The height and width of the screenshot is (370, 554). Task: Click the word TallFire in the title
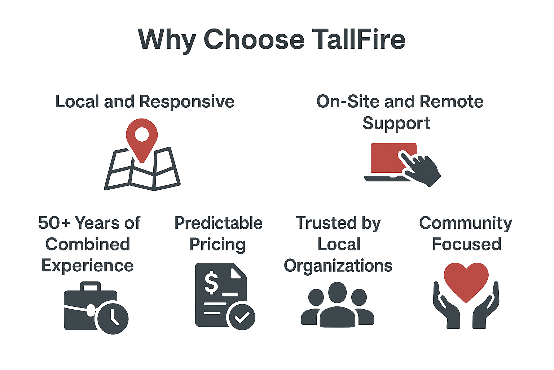point(359,39)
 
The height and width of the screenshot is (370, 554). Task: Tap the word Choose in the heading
point(254,39)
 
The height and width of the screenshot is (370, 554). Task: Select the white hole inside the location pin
point(142,134)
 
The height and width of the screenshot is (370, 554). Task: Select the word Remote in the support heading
point(452,102)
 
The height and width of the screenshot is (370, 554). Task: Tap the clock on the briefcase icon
point(113,318)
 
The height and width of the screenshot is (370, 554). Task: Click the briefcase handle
point(91,287)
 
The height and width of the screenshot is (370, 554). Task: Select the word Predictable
point(218,223)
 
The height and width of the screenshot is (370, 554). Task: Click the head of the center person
point(337,292)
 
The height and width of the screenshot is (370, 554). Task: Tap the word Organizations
point(338,266)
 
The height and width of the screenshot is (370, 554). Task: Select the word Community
point(466,223)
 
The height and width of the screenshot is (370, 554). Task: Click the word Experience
point(88,266)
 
